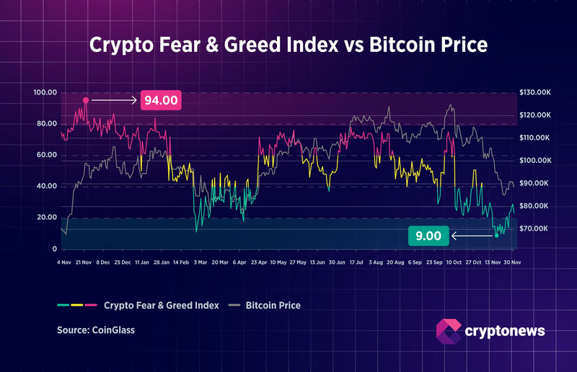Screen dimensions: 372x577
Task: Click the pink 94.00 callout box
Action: [161, 100]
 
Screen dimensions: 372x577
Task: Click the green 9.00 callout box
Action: [428, 235]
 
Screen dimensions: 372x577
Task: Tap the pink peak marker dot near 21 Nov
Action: [86, 100]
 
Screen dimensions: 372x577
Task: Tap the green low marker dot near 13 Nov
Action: [496, 235]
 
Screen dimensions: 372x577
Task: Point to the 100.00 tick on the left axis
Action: [45, 93]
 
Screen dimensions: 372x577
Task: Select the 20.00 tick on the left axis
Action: [46, 217]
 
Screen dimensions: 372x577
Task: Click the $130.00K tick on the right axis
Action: [534, 93]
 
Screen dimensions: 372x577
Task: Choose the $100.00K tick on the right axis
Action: [534, 161]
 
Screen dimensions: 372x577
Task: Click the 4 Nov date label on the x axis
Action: [64, 262]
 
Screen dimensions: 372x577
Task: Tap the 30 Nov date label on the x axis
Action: [511, 262]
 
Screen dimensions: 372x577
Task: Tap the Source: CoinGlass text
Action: [97, 331]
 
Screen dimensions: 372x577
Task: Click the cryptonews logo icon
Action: [449, 331]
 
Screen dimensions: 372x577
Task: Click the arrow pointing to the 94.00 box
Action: [114, 100]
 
